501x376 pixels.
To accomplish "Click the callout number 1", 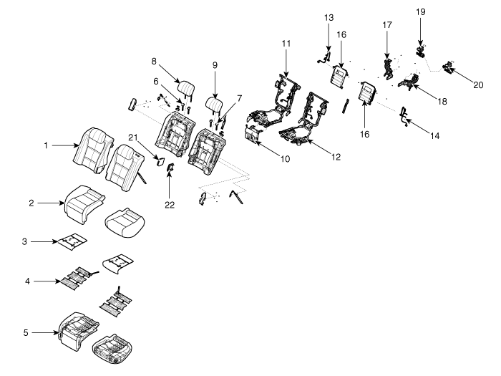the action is pos(46,145).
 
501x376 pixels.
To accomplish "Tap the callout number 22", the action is pos(170,205).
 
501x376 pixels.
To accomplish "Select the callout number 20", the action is pos(478,85).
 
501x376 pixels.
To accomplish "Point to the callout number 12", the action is pos(336,157).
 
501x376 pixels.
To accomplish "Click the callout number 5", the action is pos(26,332).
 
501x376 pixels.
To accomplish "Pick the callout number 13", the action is pos(329,17).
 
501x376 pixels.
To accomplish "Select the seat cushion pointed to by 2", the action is pos(84,204).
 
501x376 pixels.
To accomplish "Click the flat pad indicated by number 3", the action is pos(72,241).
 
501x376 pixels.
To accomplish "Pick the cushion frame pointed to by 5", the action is pos(78,332).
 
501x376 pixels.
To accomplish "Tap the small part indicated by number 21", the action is pos(160,161).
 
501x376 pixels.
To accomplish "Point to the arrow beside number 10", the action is pos(268,149).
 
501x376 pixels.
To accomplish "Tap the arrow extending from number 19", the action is pos(421,32).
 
